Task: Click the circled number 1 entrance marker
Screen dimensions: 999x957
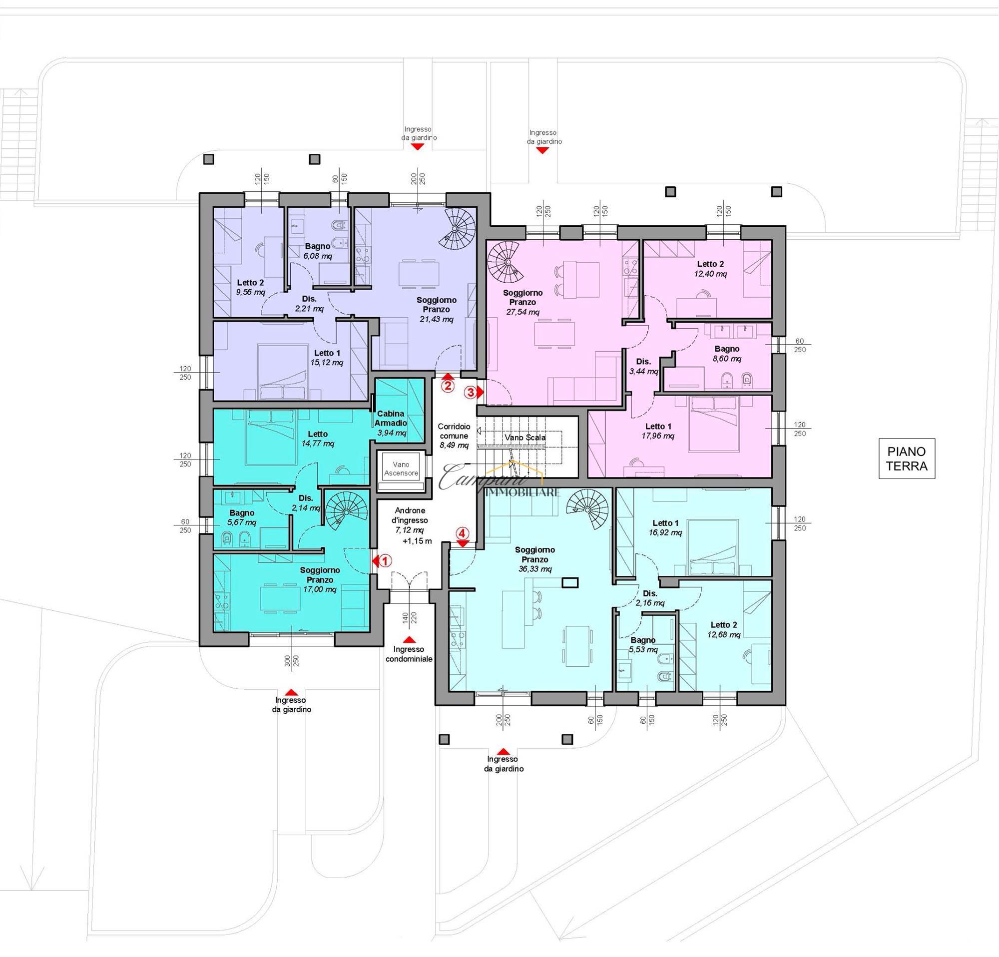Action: click(386, 561)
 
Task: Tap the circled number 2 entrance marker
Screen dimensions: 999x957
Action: click(448, 386)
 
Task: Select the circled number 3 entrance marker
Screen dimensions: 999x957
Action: click(471, 393)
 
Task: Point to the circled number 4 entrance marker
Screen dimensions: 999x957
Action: click(462, 533)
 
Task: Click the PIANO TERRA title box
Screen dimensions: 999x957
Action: click(907, 458)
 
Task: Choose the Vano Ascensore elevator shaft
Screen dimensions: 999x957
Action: click(401, 471)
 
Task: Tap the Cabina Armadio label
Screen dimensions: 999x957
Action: click(391, 419)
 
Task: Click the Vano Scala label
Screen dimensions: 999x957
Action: click(525, 437)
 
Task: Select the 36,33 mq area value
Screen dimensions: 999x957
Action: click(535, 569)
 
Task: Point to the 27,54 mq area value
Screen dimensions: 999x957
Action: click(523, 312)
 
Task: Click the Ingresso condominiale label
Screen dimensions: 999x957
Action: click(409, 654)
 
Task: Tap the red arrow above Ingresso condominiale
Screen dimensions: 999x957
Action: click(409, 639)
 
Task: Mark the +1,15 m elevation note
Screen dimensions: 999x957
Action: click(417, 540)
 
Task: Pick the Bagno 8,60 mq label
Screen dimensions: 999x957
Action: click(727, 354)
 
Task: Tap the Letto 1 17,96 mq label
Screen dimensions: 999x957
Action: click(658, 431)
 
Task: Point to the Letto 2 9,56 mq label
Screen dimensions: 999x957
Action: click(250, 287)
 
